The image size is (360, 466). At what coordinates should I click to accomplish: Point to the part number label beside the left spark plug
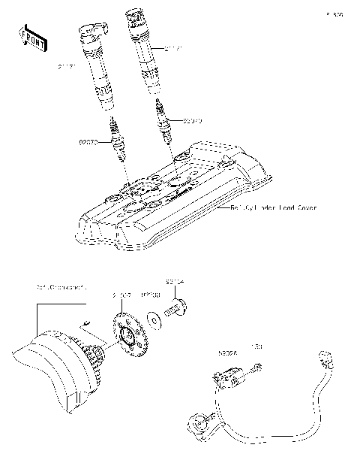[x=89, y=141]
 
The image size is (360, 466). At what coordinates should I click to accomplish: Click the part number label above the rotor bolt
[x=175, y=283]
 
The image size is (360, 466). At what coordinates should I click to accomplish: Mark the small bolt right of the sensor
[x=258, y=367]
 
